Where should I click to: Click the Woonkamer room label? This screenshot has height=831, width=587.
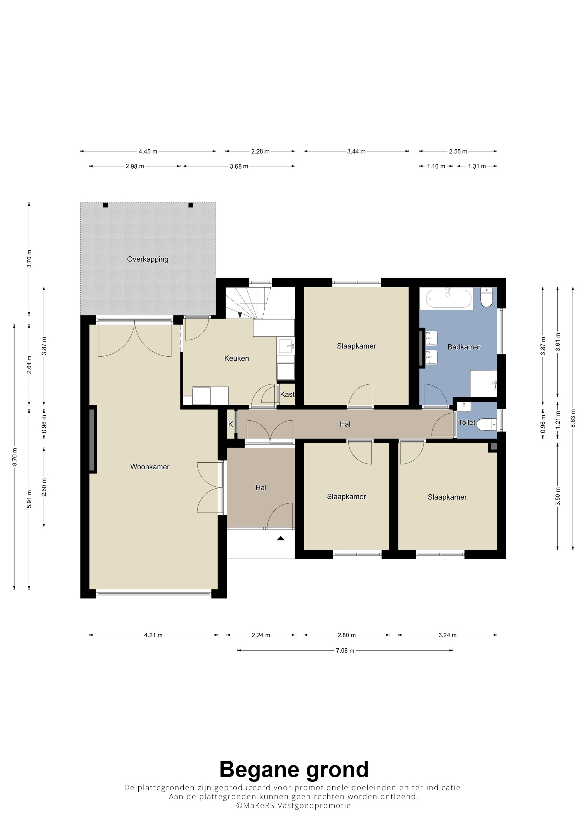150,467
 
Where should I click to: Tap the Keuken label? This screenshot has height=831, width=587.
236,358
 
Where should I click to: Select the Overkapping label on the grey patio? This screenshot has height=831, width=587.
148,259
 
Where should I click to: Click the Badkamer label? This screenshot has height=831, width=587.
464,347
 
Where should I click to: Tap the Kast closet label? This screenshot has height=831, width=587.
287,394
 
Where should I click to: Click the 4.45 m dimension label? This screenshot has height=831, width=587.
148,151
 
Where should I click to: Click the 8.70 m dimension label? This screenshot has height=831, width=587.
15,457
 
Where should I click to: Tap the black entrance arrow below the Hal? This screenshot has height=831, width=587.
281,538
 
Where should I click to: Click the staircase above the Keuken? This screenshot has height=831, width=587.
248,303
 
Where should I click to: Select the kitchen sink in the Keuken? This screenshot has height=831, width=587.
286,346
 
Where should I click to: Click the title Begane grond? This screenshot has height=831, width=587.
294,769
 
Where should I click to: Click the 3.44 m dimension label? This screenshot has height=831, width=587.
356,151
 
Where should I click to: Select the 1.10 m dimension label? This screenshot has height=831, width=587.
436,166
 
